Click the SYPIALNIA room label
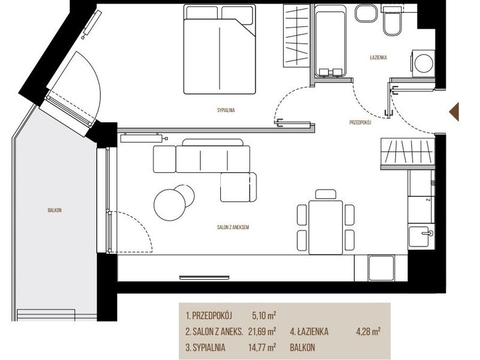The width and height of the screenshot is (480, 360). (226, 110)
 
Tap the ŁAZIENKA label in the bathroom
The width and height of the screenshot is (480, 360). (379, 57)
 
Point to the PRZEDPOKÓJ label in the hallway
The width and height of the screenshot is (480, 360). (361, 122)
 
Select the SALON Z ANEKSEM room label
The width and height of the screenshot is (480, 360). (233, 227)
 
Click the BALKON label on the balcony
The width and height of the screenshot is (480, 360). (55, 211)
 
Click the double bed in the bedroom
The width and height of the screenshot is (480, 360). (220, 49)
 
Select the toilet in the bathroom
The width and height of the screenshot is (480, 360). (392, 22)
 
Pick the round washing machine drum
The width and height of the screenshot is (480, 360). (424, 64)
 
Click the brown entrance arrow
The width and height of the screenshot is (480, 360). (454, 112)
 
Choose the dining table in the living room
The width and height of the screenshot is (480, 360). (326, 227)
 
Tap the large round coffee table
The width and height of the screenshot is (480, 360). (170, 205)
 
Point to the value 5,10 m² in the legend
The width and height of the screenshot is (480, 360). (264, 316)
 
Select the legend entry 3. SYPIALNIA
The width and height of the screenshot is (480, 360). (205, 347)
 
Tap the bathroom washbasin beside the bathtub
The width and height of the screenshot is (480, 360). (367, 14)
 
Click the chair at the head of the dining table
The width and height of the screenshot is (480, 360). (326, 194)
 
